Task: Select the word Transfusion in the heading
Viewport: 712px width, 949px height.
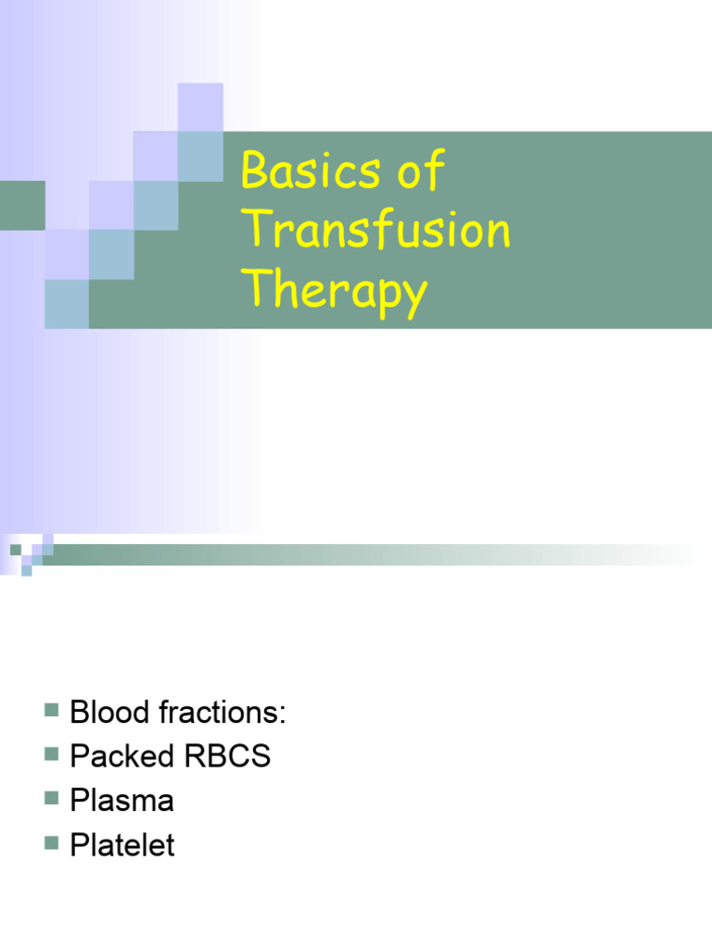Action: [375, 231]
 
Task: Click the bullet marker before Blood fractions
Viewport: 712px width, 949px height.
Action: [51, 711]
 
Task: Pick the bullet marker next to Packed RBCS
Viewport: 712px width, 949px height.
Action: [51, 755]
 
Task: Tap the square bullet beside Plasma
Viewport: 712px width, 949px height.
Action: [51, 800]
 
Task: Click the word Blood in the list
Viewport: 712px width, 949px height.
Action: [109, 713]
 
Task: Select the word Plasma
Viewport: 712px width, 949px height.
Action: [121, 802]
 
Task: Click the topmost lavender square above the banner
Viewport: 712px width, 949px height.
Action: [200, 106]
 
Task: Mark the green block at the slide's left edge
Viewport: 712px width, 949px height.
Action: [21, 205]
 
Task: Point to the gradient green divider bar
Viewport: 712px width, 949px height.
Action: [371, 554]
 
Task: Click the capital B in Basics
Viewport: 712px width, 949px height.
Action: [255, 173]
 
